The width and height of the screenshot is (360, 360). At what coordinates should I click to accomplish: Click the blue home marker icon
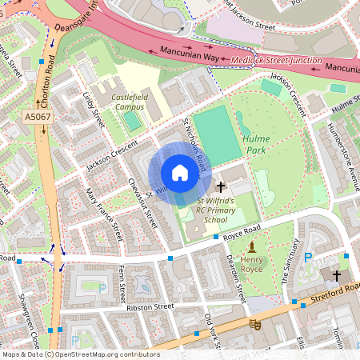tap(180, 173)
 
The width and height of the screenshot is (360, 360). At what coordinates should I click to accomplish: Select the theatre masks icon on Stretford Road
tap(255, 325)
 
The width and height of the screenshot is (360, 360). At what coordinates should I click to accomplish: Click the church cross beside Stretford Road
tap(336, 275)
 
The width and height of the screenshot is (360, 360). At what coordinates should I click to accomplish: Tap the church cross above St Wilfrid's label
tap(220, 185)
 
